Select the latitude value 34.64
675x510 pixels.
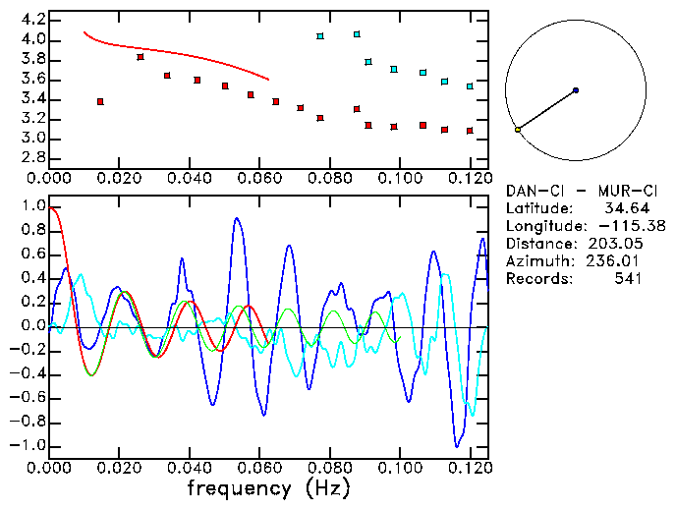point(621,208)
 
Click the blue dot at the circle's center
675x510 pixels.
point(575,90)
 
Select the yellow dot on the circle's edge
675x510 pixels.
point(517,130)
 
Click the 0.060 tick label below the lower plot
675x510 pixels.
point(259,468)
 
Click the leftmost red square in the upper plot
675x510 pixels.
point(100,101)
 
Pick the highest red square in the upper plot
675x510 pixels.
point(141,57)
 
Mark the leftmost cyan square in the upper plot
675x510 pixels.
point(320,36)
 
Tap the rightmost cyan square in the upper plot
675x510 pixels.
point(470,86)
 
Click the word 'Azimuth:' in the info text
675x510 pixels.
point(536,261)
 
